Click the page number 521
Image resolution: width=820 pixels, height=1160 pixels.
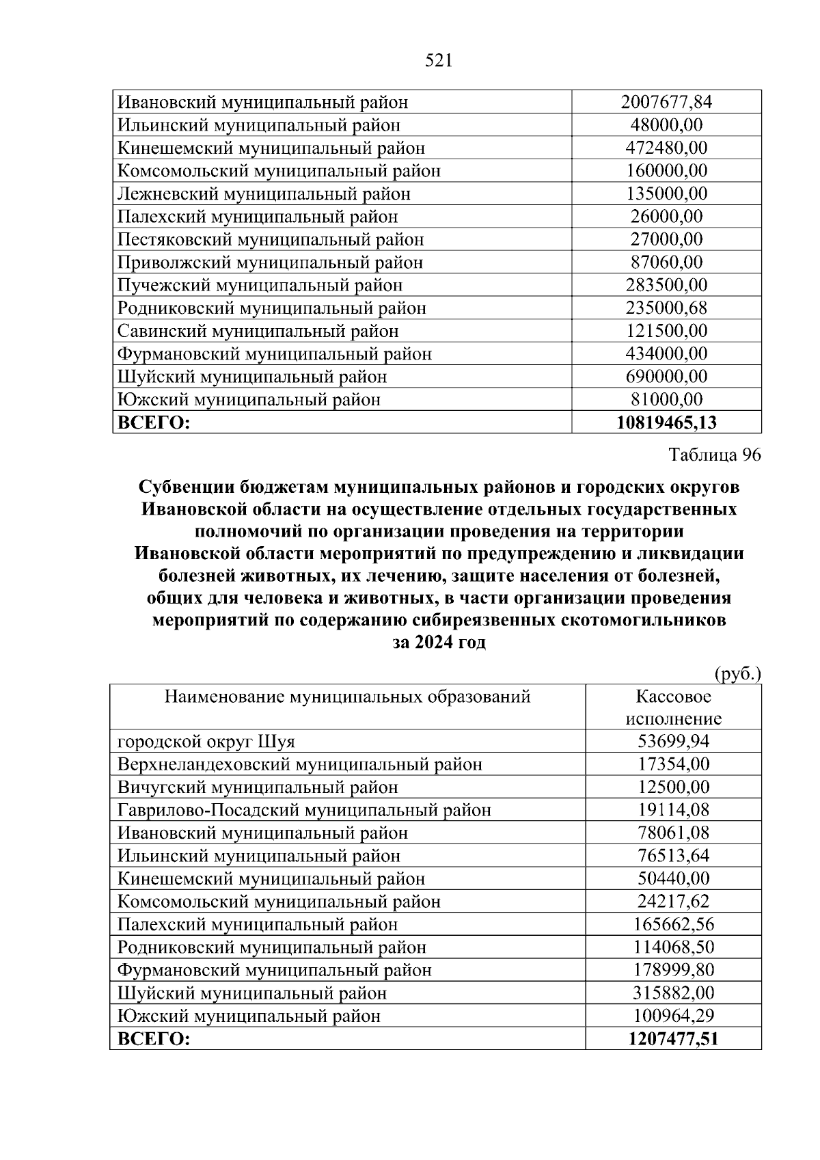(439, 62)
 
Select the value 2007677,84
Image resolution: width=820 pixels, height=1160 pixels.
(666, 103)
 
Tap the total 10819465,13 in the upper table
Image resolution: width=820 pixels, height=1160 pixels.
(666, 423)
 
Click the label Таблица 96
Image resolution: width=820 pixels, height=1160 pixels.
(714, 455)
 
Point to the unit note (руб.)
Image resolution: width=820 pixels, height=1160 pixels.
(737, 675)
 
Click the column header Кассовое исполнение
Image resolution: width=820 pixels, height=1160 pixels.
(673, 707)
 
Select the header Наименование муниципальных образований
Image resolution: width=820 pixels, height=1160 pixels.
(347, 697)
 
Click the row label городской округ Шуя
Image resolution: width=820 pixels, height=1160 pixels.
(206, 742)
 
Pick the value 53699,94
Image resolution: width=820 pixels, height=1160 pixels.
(673, 742)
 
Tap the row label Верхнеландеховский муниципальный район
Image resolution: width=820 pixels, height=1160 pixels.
(299, 764)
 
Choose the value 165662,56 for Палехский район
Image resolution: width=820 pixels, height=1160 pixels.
(673, 925)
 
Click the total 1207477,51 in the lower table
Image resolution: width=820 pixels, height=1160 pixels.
(673, 1040)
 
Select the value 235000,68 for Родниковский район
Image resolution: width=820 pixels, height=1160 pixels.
(666, 308)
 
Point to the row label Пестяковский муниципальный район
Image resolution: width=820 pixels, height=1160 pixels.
(270, 240)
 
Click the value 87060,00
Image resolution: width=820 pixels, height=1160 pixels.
(666, 262)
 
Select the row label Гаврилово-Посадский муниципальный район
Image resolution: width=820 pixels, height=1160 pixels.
(304, 811)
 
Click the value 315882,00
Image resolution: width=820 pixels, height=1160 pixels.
(673, 993)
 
